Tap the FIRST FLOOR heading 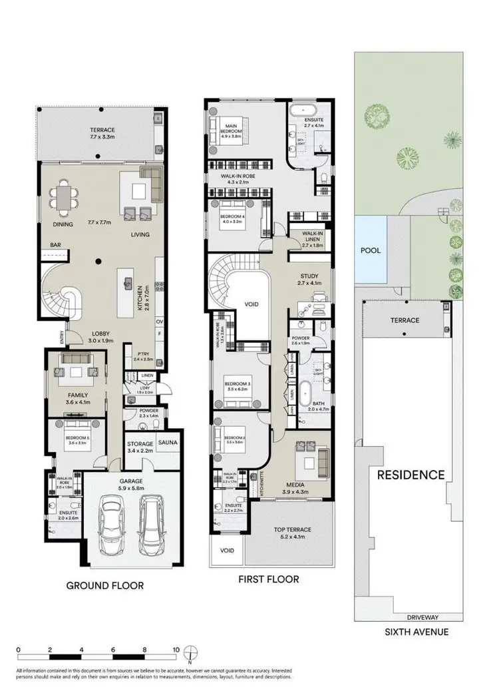(268, 579)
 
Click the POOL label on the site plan (370, 251)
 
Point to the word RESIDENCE (411, 475)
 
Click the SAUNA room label (168, 442)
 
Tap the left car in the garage (111, 524)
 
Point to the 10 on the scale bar (175, 649)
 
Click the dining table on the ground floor (64, 198)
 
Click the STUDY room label (309, 276)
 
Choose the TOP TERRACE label (293, 530)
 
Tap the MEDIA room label (295, 485)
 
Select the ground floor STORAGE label (140, 443)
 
